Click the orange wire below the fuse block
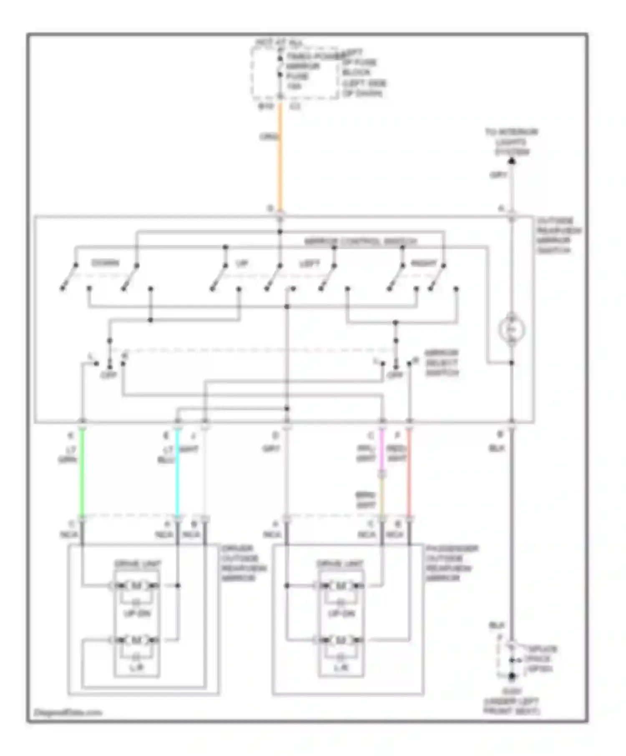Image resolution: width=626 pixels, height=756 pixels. click(280, 158)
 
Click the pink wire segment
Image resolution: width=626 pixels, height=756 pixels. click(382, 450)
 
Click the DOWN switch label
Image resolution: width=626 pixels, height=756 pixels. click(105, 263)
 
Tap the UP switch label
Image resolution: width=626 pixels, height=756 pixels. click(242, 263)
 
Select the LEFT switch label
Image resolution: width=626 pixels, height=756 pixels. click(310, 263)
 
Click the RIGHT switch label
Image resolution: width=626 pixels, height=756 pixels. click(423, 263)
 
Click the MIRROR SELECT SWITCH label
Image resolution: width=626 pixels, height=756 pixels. click(442, 363)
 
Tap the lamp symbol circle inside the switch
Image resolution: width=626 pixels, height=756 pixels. click(511, 330)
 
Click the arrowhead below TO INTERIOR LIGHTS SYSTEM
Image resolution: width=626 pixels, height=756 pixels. click(512, 161)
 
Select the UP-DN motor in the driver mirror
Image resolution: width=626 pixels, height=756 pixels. click(136, 586)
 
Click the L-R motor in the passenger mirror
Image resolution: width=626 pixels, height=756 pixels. click(341, 640)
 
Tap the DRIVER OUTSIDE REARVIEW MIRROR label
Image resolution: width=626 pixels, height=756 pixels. click(244, 563)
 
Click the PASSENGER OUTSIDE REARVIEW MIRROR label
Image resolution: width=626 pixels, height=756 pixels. click(452, 563)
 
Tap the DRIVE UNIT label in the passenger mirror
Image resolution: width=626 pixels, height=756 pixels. click(340, 564)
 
